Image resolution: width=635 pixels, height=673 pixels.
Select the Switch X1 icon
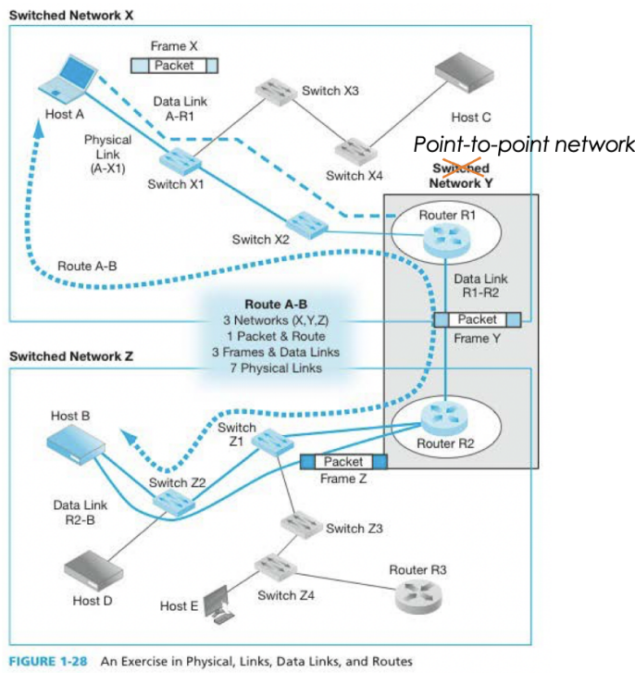coord(177,159)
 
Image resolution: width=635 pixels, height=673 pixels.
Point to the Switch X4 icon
coord(354,147)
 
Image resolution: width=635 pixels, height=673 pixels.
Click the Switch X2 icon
coord(302,223)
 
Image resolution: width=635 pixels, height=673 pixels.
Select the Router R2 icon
coord(443,420)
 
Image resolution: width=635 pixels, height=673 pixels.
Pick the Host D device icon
coord(88,566)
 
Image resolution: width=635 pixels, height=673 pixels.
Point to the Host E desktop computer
coord(218,603)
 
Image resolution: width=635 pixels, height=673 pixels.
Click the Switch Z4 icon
coord(273,566)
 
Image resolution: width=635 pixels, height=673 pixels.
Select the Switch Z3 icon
coord(301,523)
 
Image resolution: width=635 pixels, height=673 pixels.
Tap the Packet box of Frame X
coord(174,65)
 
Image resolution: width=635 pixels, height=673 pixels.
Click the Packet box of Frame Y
coord(478,319)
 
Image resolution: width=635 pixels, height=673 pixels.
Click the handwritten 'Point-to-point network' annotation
coord(523,145)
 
